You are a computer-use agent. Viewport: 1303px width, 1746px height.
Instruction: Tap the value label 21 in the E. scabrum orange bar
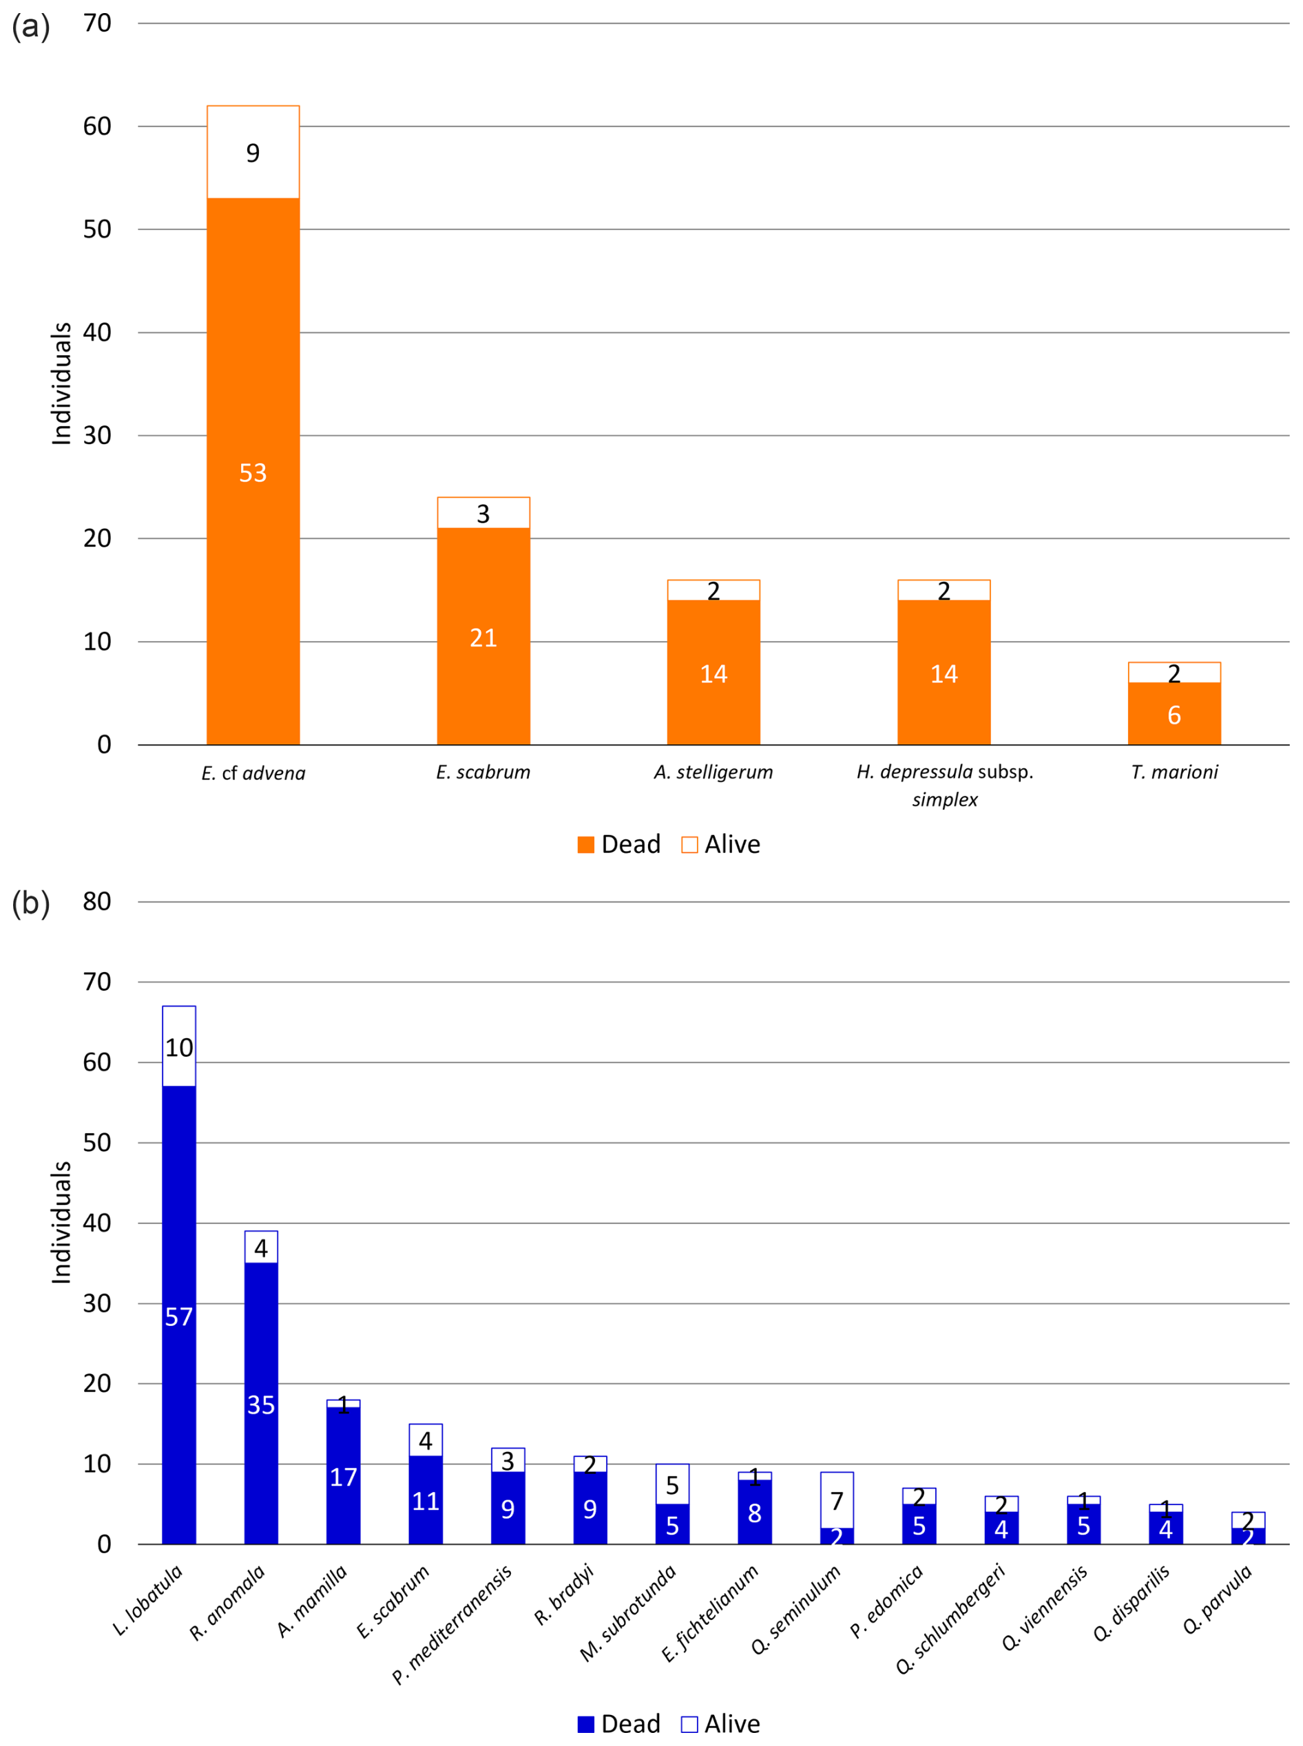[483, 638]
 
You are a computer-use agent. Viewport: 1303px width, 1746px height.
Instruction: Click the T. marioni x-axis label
[1174, 772]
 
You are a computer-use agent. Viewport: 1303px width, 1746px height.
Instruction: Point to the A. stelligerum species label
[713, 772]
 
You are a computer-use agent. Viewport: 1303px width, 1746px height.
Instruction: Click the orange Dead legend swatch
[585, 845]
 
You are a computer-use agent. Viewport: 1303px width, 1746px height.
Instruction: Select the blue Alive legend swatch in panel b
[689, 1724]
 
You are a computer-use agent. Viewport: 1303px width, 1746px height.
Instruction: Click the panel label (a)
[31, 26]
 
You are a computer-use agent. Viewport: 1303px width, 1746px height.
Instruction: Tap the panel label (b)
[31, 903]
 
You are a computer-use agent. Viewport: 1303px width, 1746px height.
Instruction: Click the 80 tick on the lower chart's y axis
[97, 901]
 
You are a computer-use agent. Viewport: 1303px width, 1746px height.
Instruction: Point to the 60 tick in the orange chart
[97, 126]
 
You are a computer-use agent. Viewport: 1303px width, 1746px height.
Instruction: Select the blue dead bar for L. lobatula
[179, 1317]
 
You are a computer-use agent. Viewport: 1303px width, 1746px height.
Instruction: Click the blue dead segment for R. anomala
[261, 1404]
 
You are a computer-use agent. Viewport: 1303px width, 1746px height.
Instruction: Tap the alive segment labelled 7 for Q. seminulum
[837, 1500]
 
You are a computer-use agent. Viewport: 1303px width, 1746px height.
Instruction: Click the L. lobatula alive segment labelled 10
[179, 1047]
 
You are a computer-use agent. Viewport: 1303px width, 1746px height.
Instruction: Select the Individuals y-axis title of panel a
[61, 383]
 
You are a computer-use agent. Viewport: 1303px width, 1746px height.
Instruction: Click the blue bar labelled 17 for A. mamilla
[343, 1476]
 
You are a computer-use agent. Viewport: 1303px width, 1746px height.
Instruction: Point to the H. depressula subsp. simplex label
[944, 785]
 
